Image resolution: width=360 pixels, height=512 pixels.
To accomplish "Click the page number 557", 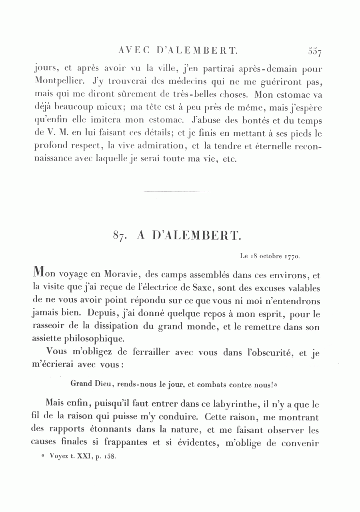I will coord(315,51).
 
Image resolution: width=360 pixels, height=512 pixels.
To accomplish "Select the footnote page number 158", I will coord(109,456).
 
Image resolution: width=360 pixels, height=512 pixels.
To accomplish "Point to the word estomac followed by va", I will coord(298,95).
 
